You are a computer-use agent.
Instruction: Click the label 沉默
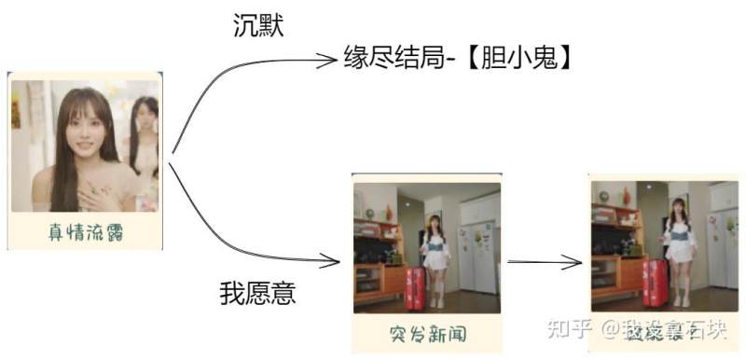pos(257,26)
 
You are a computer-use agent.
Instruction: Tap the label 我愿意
pos(257,294)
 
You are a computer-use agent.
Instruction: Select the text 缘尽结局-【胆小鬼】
pos(457,60)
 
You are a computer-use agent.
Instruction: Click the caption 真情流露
pos(86,231)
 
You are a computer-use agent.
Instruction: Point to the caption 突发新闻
pos(427,333)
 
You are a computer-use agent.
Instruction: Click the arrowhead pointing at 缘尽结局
pos(326,62)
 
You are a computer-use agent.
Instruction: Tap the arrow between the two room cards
pos(546,261)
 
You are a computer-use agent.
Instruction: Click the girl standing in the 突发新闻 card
pos(434,256)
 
